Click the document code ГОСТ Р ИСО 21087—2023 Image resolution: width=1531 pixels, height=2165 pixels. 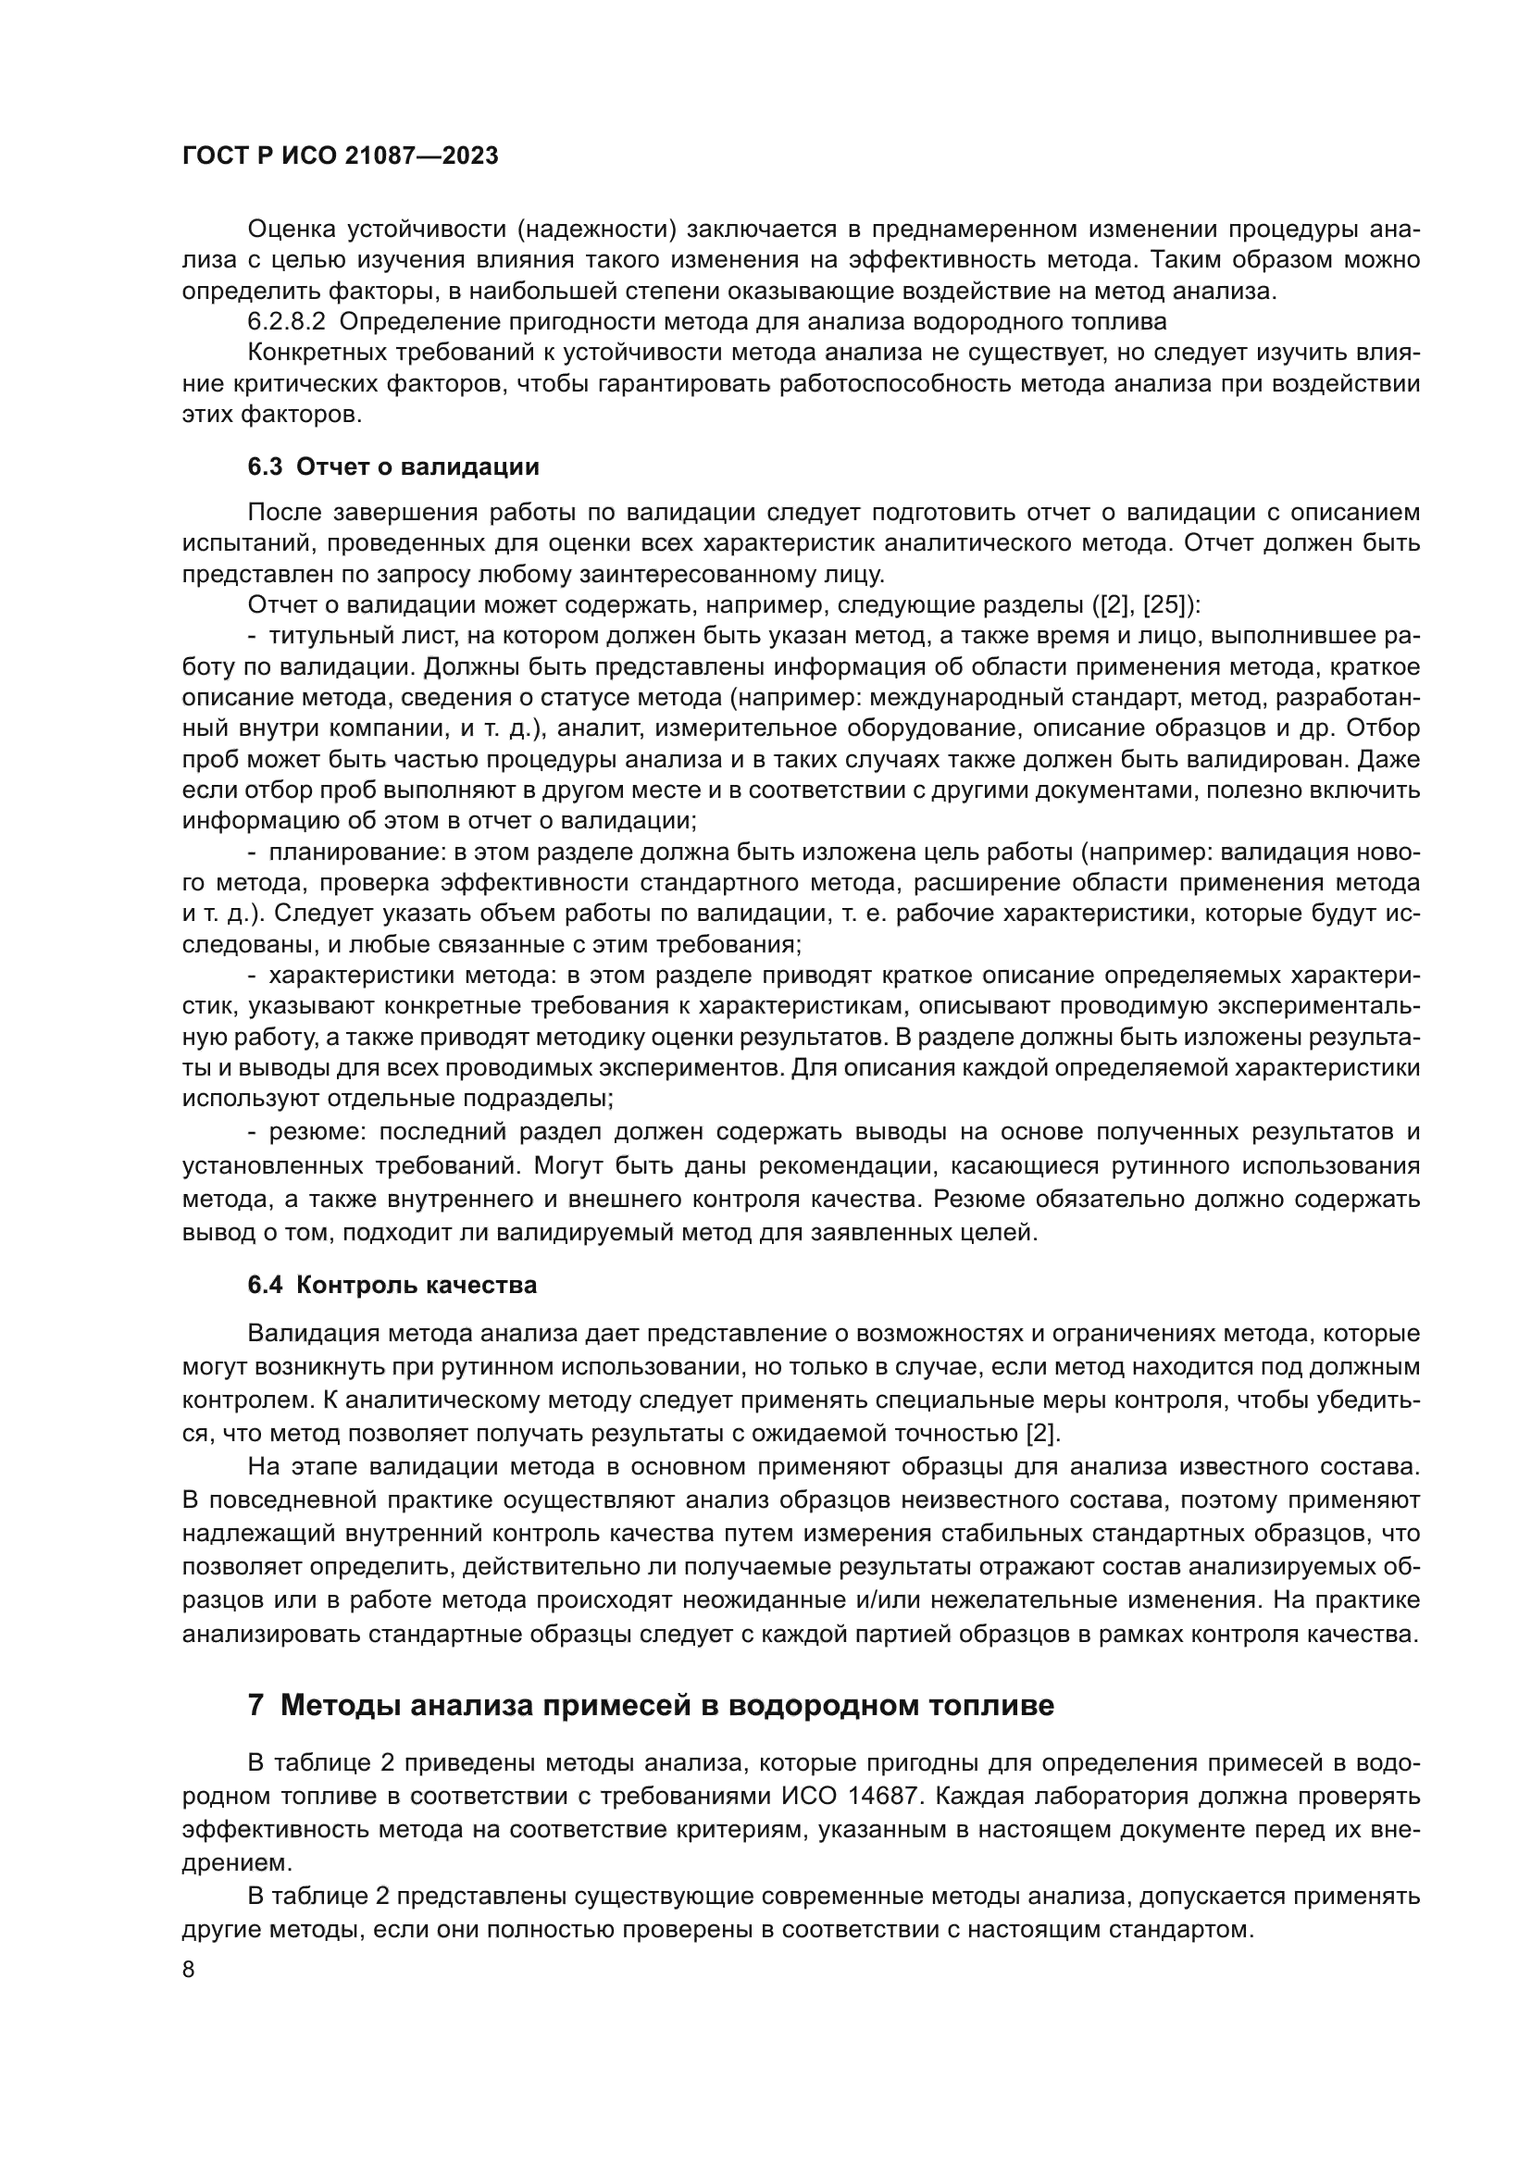click(x=340, y=156)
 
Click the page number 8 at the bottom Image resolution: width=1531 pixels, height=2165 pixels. click(x=189, y=1971)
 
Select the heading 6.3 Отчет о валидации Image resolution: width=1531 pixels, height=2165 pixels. click(x=393, y=467)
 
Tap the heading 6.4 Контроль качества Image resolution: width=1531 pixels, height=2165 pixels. click(x=392, y=1286)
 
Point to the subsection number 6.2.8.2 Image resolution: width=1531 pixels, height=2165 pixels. click(x=286, y=321)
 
